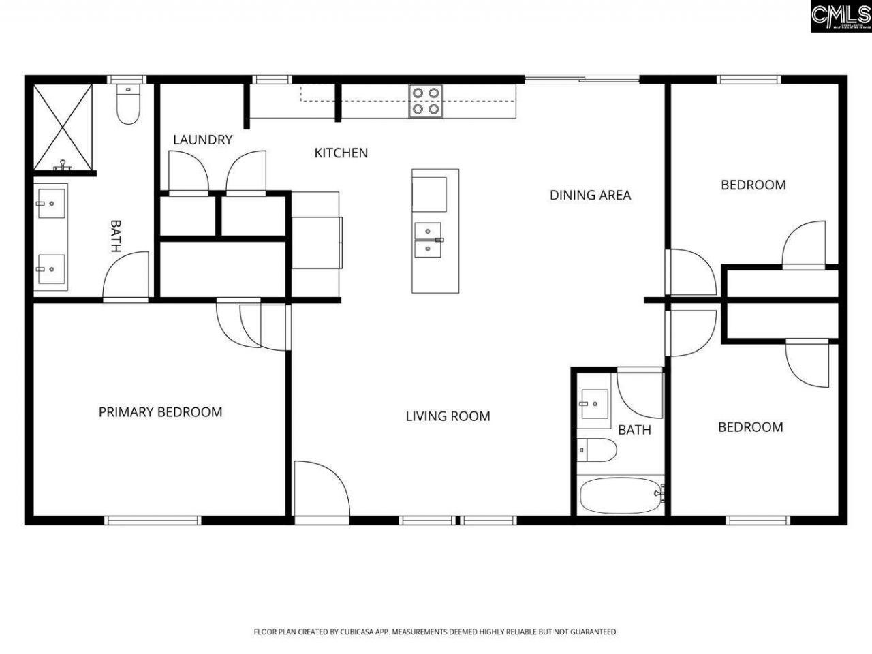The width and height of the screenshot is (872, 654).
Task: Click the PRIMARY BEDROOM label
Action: coord(160,412)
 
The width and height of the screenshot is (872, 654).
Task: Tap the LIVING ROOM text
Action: coord(448,416)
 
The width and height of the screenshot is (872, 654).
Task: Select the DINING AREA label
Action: coord(590,196)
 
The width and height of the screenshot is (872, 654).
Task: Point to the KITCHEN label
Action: coord(341,153)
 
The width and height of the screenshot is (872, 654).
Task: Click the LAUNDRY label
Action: coord(202,140)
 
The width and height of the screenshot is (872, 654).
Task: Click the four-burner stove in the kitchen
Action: coord(426,101)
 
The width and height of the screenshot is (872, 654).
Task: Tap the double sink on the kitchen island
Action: coord(428,240)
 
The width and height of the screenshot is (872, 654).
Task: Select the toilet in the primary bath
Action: coord(128,105)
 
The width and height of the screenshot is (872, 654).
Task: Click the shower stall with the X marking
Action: coord(63,127)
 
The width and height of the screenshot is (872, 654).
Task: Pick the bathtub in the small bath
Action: coord(621,495)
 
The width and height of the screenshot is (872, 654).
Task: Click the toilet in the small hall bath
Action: coord(597,450)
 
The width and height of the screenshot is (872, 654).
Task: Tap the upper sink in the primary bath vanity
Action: coord(51,202)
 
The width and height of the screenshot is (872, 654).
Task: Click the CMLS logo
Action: coord(840,16)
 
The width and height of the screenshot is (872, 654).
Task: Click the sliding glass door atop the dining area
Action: coord(582,80)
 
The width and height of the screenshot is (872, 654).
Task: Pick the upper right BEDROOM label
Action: coord(753,185)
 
